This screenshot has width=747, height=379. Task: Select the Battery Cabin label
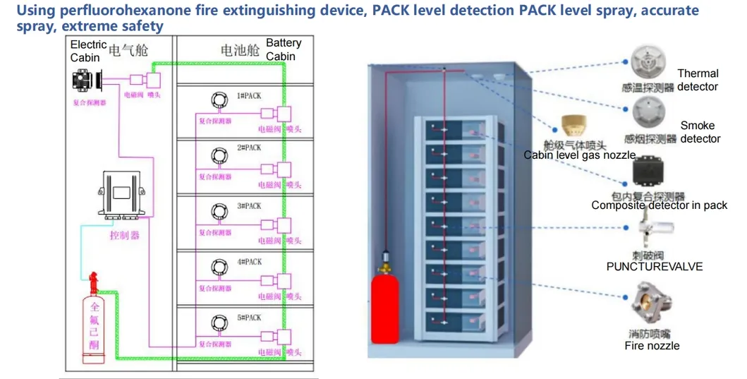coord(284,49)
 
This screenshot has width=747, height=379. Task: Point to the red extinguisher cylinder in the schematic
coord(95,324)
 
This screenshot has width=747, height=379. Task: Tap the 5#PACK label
coord(249,318)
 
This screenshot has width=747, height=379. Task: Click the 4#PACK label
coord(249,262)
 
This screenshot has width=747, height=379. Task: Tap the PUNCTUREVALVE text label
coord(654,267)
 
